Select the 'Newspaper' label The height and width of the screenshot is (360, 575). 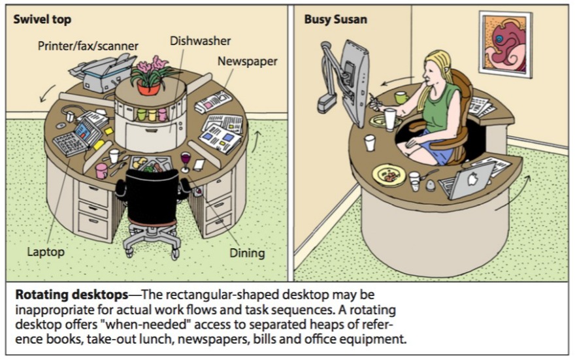pos(247,61)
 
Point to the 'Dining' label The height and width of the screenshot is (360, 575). pos(246,252)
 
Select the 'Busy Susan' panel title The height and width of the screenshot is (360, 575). pos(335,20)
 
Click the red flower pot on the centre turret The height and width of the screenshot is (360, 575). pos(148,87)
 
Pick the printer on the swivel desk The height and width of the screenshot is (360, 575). pos(101,72)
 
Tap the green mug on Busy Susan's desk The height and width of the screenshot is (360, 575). pos(401,97)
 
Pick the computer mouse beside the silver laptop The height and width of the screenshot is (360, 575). pos(430,184)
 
